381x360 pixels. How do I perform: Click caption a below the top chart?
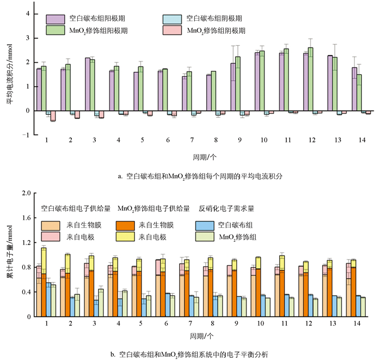(x=194, y=176)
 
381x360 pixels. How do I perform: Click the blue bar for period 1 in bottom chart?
(x=48, y=299)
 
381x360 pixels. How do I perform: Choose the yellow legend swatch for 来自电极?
(x=127, y=236)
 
